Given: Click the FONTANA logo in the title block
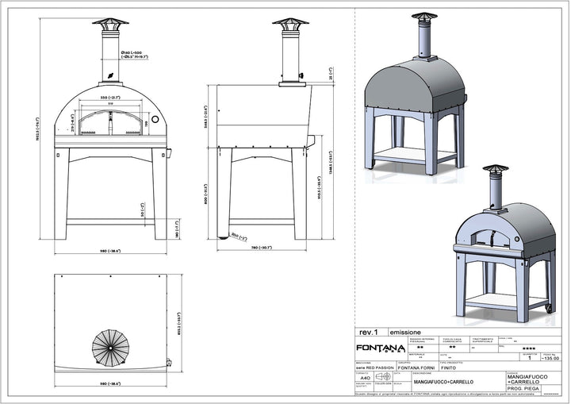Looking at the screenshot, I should coord(379,348).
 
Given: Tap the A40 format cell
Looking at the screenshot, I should coord(364,379).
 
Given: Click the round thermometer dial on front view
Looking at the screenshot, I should coord(155,120).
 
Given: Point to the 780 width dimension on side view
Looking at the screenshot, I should coord(261,248).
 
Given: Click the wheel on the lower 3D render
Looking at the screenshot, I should coord(547,306).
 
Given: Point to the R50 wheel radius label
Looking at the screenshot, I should coord(236,235).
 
